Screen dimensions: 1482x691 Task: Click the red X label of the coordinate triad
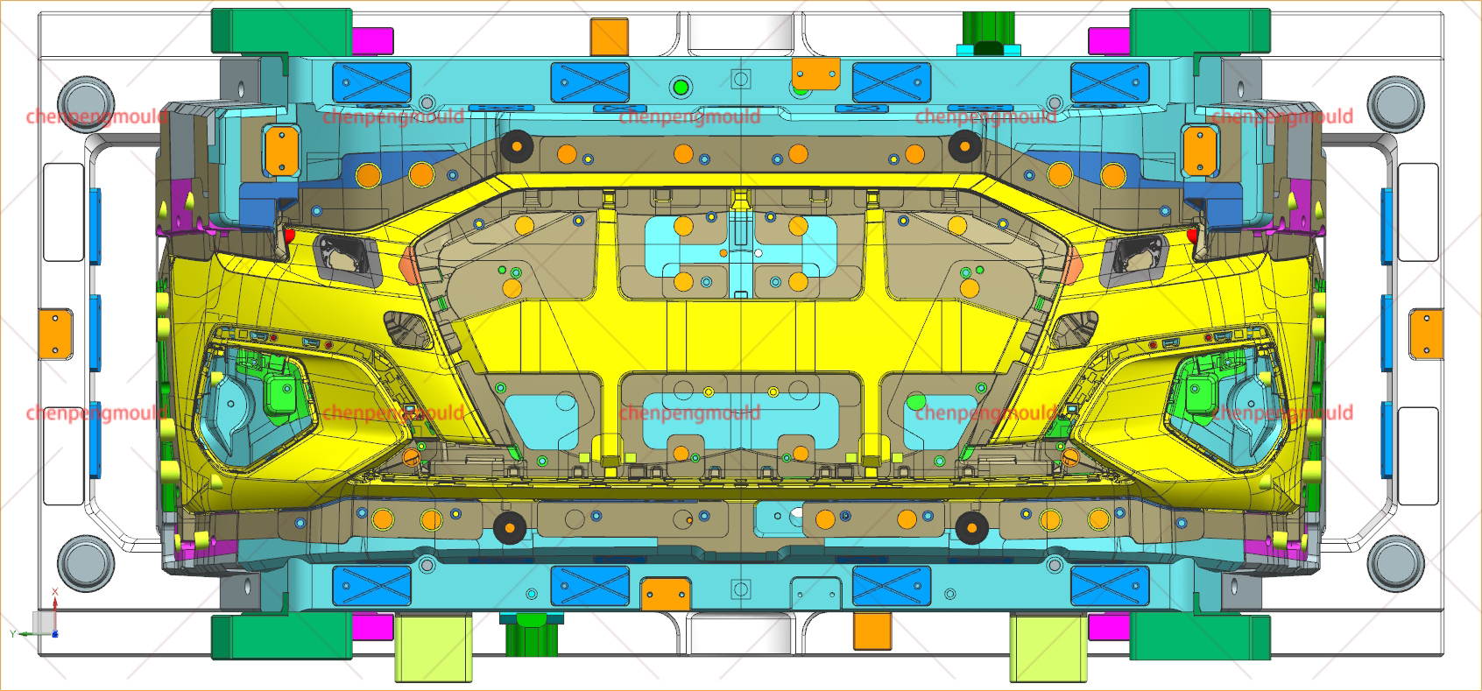point(55,592)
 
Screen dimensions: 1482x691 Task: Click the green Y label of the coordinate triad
point(12,634)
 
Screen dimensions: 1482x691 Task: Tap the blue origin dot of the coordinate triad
point(55,634)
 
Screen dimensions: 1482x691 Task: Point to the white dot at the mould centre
point(759,253)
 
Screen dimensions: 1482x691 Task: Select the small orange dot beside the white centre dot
point(723,253)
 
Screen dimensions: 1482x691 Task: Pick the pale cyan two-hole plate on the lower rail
point(815,593)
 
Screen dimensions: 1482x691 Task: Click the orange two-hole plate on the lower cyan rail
point(667,593)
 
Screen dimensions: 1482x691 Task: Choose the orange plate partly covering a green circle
point(815,74)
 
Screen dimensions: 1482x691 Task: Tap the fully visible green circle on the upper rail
point(681,88)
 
